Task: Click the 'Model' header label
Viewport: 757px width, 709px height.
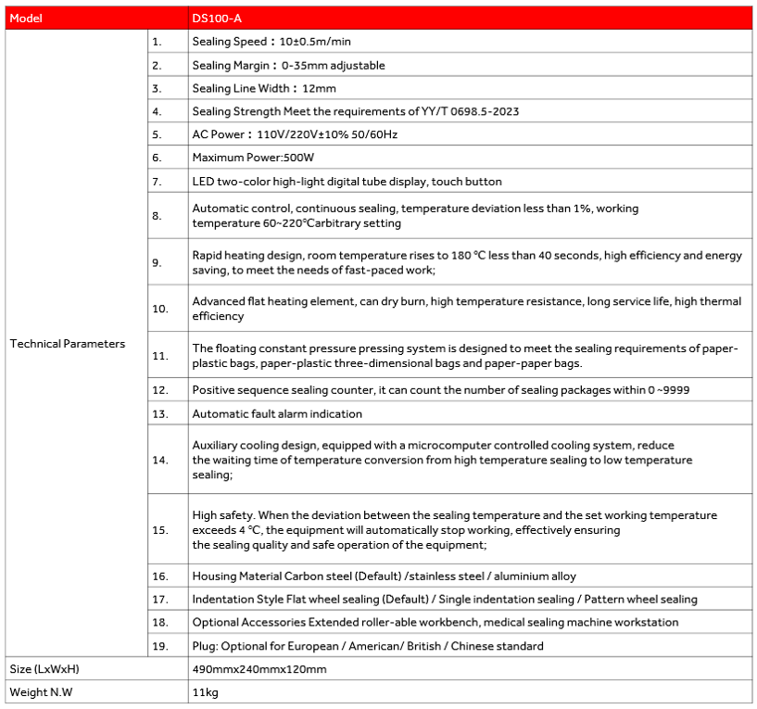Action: click(x=26, y=19)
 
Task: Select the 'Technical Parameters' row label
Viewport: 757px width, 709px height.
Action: click(x=68, y=344)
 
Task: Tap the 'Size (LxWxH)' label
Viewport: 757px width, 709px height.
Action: click(x=43, y=669)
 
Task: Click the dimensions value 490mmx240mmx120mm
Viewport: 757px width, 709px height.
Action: click(x=259, y=669)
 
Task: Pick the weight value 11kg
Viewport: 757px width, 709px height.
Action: click(x=205, y=692)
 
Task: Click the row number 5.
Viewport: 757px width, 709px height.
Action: click(x=157, y=134)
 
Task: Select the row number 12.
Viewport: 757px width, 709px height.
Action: click(x=159, y=390)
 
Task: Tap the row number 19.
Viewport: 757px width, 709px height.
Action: click(x=159, y=646)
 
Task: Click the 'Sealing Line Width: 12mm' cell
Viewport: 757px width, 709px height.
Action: click(x=264, y=88)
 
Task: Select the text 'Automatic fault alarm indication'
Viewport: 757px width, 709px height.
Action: click(x=277, y=413)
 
